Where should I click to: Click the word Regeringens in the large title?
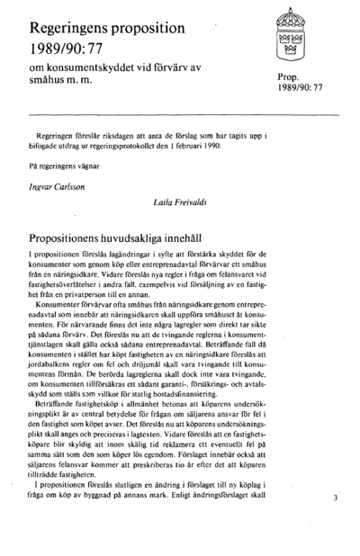coord(75,21)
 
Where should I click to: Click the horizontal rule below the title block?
coord(179,115)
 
